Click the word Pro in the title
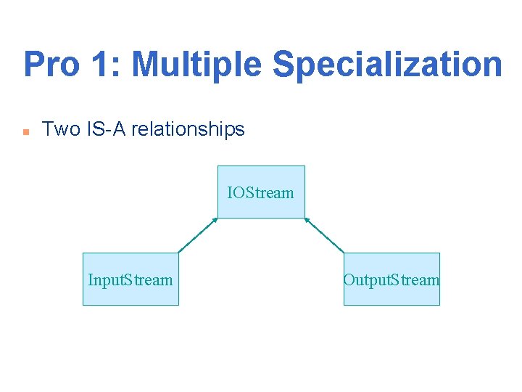[51, 65]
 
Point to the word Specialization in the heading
[387, 65]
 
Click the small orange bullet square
[25, 132]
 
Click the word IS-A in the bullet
[105, 130]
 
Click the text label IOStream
[261, 193]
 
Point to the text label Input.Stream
[130, 280]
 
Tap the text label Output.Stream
[391, 280]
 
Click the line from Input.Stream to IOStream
[197, 235]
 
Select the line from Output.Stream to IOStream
[325, 235]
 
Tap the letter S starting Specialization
[283, 65]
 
